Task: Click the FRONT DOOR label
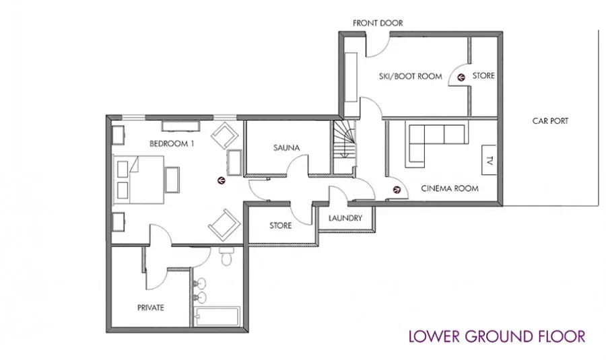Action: click(378, 23)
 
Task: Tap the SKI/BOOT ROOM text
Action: click(411, 77)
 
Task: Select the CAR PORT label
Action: click(550, 121)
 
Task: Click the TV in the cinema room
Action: click(489, 160)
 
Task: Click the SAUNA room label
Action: click(286, 147)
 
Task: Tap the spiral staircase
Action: click(344, 139)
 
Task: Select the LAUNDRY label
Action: click(345, 218)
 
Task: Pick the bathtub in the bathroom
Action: click(217, 317)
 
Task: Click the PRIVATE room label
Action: click(151, 308)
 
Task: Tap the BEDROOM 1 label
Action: click(172, 144)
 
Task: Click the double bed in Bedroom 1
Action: click(138, 180)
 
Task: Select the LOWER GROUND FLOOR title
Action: click(497, 336)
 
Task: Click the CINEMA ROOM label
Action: click(450, 188)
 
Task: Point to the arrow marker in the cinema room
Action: click(397, 190)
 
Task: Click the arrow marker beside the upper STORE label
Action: click(461, 77)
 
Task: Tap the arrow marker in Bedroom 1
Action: click(222, 180)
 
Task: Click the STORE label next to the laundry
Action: click(281, 225)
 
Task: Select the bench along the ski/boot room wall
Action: click(351, 77)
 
